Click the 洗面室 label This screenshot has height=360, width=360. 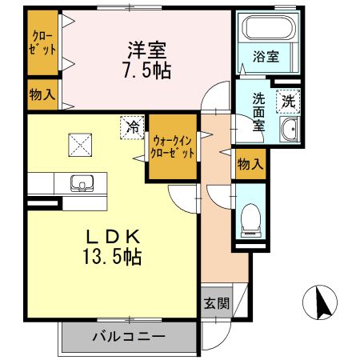point(259,113)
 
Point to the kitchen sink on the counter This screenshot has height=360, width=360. point(81,184)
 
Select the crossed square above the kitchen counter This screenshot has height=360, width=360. point(81,145)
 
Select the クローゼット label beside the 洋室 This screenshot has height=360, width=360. point(44,42)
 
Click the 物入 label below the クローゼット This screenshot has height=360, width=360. point(42,94)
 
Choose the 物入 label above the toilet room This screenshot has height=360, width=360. point(250,164)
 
